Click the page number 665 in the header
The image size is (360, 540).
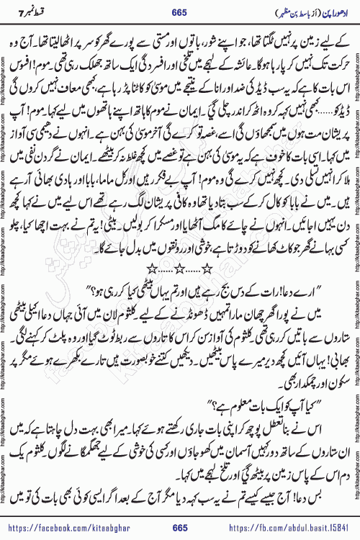(x=180, y=10)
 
